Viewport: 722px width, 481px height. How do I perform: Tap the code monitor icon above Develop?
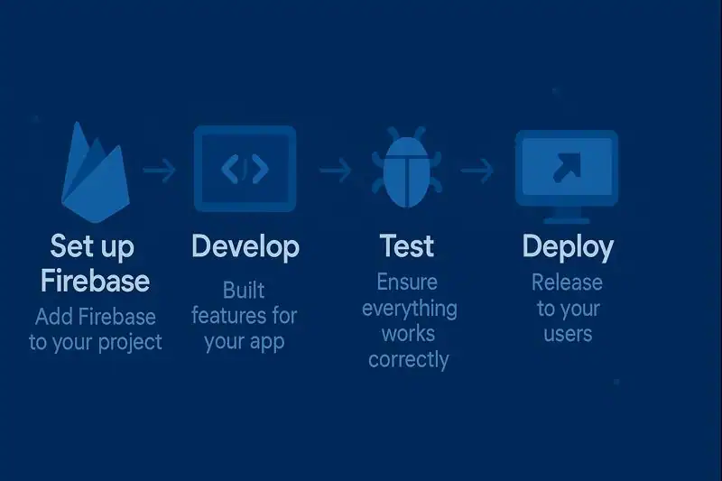point(245,168)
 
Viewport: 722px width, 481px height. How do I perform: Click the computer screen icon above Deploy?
point(567,168)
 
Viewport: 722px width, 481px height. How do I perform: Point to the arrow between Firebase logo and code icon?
point(160,170)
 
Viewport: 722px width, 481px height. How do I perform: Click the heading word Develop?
point(245,246)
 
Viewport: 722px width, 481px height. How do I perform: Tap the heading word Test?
point(407,246)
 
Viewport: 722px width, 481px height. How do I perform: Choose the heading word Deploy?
point(568,247)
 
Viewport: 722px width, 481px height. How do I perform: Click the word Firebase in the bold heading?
point(96,281)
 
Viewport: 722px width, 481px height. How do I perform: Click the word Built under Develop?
point(245,291)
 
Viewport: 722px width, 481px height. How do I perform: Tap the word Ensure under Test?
point(407,282)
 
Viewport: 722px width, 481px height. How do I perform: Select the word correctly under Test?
point(408,359)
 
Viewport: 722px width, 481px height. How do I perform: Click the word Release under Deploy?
point(567,282)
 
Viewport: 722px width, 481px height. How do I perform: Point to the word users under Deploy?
point(568,334)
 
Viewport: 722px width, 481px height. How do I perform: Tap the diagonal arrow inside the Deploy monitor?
point(568,164)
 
